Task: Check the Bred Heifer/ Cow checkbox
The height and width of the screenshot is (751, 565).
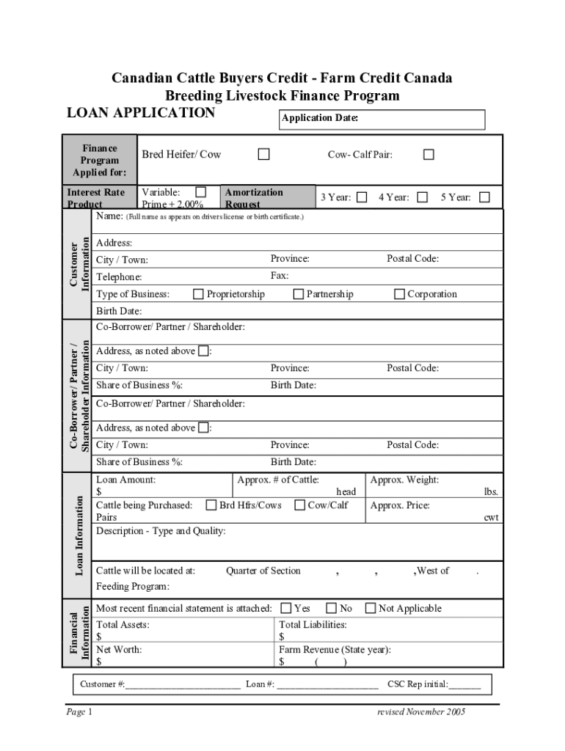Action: pyautogui.click(x=263, y=154)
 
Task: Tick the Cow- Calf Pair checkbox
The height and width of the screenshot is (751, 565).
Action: pyautogui.click(x=429, y=154)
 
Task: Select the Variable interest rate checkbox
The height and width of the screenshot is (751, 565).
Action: pyautogui.click(x=201, y=192)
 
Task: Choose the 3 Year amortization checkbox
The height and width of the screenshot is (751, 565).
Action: pyautogui.click(x=362, y=197)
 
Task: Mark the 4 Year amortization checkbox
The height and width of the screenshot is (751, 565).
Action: pyautogui.click(x=423, y=197)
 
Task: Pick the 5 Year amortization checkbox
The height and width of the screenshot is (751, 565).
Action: pyautogui.click(x=484, y=197)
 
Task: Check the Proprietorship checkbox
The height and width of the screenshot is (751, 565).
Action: pyautogui.click(x=198, y=294)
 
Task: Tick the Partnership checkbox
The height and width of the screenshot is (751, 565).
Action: pyautogui.click(x=299, y=294)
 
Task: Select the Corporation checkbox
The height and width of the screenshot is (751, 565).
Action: pyautogui.click(x=400, y=294)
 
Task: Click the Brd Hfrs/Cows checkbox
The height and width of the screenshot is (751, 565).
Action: pyautogui.click(x=211, y=505)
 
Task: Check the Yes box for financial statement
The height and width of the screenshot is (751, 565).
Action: pyautogui.click(x=285, y=608)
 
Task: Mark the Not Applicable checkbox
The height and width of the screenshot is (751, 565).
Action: pyautogui.click(x=371, y=608)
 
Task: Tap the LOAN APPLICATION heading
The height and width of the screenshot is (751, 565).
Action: pyautogui.click(x=141, y=113)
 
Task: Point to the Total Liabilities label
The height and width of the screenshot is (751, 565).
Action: pyautogui.click(x=313, y=625)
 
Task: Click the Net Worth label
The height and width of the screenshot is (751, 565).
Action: pyautogui.click(x=119, y=649)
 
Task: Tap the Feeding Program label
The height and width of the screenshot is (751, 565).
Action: pyautogui.click(x=133, y=587)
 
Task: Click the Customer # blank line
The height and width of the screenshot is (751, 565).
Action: pyautogui.click(x=183, y=685)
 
